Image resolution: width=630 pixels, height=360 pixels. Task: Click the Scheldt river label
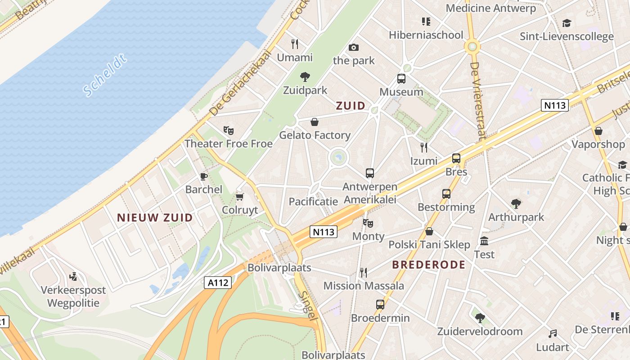click(x=105, y=76)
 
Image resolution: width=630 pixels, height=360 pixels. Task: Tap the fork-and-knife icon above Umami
click(x=295, y=44)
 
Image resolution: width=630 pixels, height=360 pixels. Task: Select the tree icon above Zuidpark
click(x=305, y=76)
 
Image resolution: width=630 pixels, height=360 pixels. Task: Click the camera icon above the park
click(x=354, y=47)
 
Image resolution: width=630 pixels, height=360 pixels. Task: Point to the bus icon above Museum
click(x=401, y=79)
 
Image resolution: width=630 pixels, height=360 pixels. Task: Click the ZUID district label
click(x=351, y=106)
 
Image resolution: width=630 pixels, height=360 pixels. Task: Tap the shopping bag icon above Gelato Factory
click(x=315, y=122)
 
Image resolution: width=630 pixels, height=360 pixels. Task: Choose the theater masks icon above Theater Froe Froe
click(x=229, y=130)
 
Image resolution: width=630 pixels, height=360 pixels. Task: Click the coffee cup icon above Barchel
click(x=203, y=176)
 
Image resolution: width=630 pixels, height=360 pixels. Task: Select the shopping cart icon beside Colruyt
click(x=240, y=197)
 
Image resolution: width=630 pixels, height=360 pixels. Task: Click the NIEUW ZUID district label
click(x=155, y=218)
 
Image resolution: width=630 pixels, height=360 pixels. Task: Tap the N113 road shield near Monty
click(x=324, y=232)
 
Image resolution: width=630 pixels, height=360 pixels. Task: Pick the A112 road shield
click(x=218, y=283)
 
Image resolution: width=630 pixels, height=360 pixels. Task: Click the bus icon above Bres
click(x=456, y=158)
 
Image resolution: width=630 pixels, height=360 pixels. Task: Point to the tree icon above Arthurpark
click(x=516, y=204)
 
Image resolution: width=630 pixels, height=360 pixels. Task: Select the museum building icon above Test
click(x=484, y=241)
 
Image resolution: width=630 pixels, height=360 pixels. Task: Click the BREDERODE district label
click(x=428, y=265)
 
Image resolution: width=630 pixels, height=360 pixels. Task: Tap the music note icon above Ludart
click(x=553, y=334)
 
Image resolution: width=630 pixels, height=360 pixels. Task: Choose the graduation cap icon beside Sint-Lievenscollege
click(x=567, y=23)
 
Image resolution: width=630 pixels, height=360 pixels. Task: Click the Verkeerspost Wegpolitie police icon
click(x=73, y=276)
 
